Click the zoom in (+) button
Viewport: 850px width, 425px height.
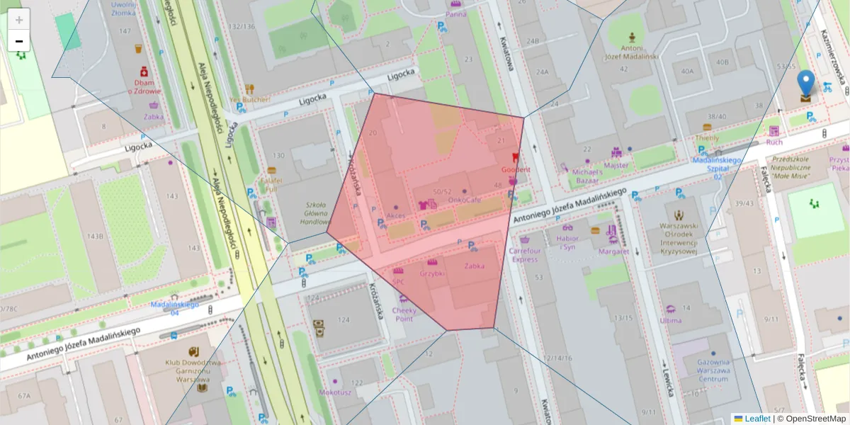[x=19, y=20]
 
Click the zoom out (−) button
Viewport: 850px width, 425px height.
[x=19, y=41]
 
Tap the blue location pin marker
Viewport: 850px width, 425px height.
[x=805, y=85]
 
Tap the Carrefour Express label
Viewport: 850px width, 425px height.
[x=524, y=254]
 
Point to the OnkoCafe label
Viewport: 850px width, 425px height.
[x=464, y=200]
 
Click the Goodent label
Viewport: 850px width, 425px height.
[x=515, y=170]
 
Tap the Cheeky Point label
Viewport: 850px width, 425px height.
[x=404, y=314]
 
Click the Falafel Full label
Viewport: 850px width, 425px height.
[x=271, y=184]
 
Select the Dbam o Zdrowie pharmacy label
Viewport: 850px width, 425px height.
[x=144, y=86]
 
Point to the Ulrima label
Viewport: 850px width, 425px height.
[x=670, y=320]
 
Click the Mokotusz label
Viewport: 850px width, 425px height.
[x=335, y=392]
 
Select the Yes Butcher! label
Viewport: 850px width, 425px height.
[x=250, y=99]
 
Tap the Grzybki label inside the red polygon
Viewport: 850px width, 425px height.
[x=432, y=273]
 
